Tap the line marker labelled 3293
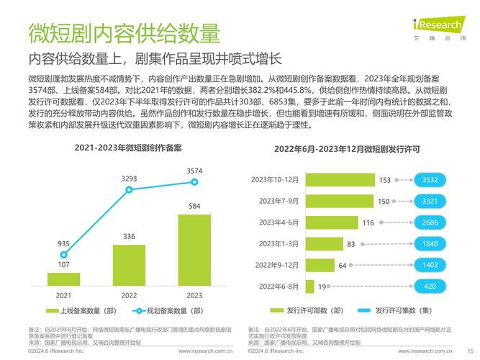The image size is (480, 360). (x=130, y=190)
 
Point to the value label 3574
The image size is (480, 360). (x=194, y=171)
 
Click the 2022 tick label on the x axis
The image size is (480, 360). (x=129, y=295)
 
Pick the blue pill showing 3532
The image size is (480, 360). (x=430, y=180)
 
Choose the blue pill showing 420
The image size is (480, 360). (x=430, y=287)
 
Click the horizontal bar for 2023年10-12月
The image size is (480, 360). (x=340, y=180)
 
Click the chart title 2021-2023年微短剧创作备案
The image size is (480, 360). (x=128, y=148)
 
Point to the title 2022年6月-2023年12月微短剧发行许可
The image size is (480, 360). (x=357, y=149)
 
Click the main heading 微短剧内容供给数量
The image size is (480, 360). (x=123, y=34)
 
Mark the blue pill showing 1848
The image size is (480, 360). (x=430, y=244)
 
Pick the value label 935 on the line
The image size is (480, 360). (x=64, y=243)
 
